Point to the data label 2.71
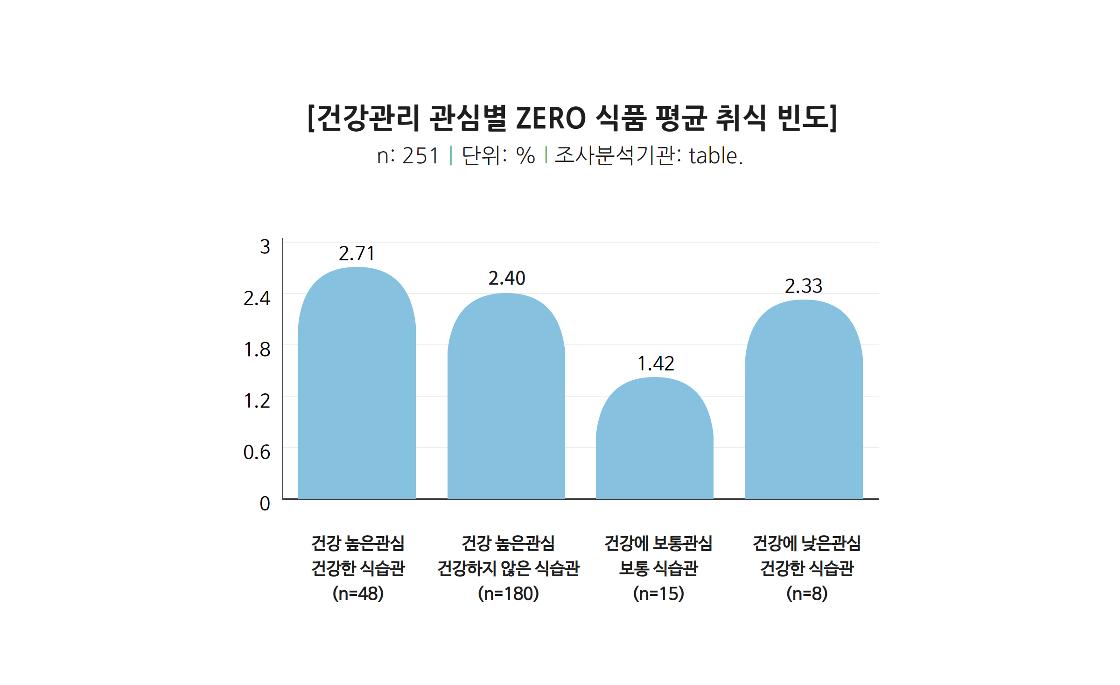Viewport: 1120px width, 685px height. [357, 254]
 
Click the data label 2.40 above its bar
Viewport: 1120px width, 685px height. [507, 279]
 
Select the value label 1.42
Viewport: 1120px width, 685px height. [656, 364]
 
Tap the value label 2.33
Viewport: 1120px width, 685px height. [804, 286]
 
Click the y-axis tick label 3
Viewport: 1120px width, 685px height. [265, 247]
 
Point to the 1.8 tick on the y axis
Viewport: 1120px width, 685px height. [257, 349]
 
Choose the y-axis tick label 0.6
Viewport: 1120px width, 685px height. [257, 452]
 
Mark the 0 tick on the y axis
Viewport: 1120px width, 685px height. [265, 504]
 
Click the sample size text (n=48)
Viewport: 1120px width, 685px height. [358, 594]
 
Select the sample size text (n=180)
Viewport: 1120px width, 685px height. [508, 594]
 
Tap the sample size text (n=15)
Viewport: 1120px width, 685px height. [658, 594]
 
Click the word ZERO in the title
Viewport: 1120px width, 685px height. [551, 118]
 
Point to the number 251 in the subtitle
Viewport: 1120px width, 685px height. [420, 156]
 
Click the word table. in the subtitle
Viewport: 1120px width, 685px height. [715, 156]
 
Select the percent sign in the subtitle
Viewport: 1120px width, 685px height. [525, 156]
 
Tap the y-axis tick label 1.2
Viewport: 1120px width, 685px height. [257, 401]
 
